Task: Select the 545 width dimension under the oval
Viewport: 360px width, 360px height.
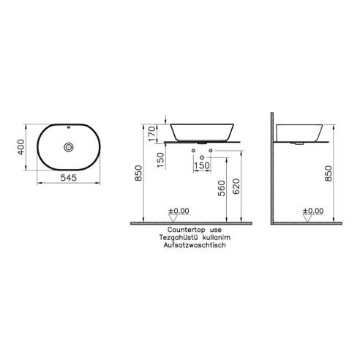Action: point(69,178)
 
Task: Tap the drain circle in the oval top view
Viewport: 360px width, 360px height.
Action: point(69,146)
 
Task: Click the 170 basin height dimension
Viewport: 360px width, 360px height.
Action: point(151,134)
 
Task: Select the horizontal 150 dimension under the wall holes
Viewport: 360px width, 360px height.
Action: point(201,166)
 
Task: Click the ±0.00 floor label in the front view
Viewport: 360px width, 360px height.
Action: point(179,211)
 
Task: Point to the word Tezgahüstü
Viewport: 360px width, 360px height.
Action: point(175,239)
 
